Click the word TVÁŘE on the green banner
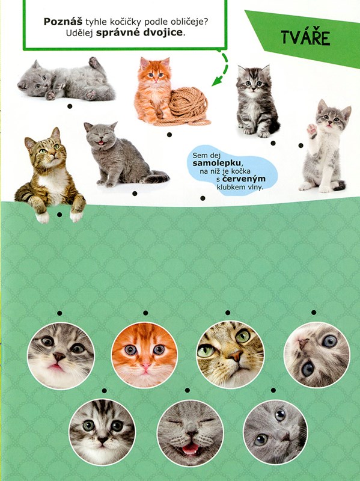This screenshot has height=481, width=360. point(305,38)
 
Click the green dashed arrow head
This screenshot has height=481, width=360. point(218,81)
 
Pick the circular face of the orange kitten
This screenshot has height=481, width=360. point(144,355)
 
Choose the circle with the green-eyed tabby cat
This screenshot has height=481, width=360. point(230,354)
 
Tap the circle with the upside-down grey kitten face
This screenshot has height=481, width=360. point(317,354)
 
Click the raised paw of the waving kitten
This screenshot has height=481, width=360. point(311,129)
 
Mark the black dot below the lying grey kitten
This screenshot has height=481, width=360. point(70,106)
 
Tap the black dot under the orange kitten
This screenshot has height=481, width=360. point(169,135)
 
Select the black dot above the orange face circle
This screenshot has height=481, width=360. point(145,313)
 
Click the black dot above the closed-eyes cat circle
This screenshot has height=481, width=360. point(188,390)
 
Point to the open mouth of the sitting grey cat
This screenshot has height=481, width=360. point(101,142)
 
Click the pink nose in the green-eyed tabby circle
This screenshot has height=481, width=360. point(236,356)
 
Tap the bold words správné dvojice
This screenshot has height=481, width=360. point(139,32)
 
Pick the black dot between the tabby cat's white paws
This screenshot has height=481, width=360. point(59,215)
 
